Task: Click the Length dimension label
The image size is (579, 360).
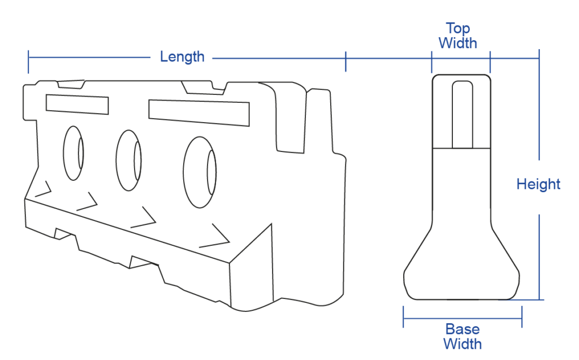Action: (x=182, y=57)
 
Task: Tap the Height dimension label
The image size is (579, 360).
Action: (x=538, y=184)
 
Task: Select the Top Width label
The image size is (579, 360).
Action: (x=458, y=36)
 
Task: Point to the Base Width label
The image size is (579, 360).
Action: (x=463, y=336)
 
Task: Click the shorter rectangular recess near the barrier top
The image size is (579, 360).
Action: (x=77, y=104)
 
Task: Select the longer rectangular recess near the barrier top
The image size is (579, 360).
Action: (x=199, y=112)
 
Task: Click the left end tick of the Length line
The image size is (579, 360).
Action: (x=28, y=62)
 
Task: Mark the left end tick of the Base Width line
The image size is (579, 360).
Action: (x=403, y=316)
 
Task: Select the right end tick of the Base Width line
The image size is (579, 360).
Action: (x=522, y=316)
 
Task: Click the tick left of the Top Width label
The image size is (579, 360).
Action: (x=431, y=62)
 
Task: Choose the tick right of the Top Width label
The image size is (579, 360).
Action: (x=490, y=62)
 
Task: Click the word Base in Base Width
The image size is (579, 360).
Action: (x=463, y=328)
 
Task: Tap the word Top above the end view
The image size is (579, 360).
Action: (x=458, y=28)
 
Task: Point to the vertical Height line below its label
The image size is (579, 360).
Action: (x=539, y=257)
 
